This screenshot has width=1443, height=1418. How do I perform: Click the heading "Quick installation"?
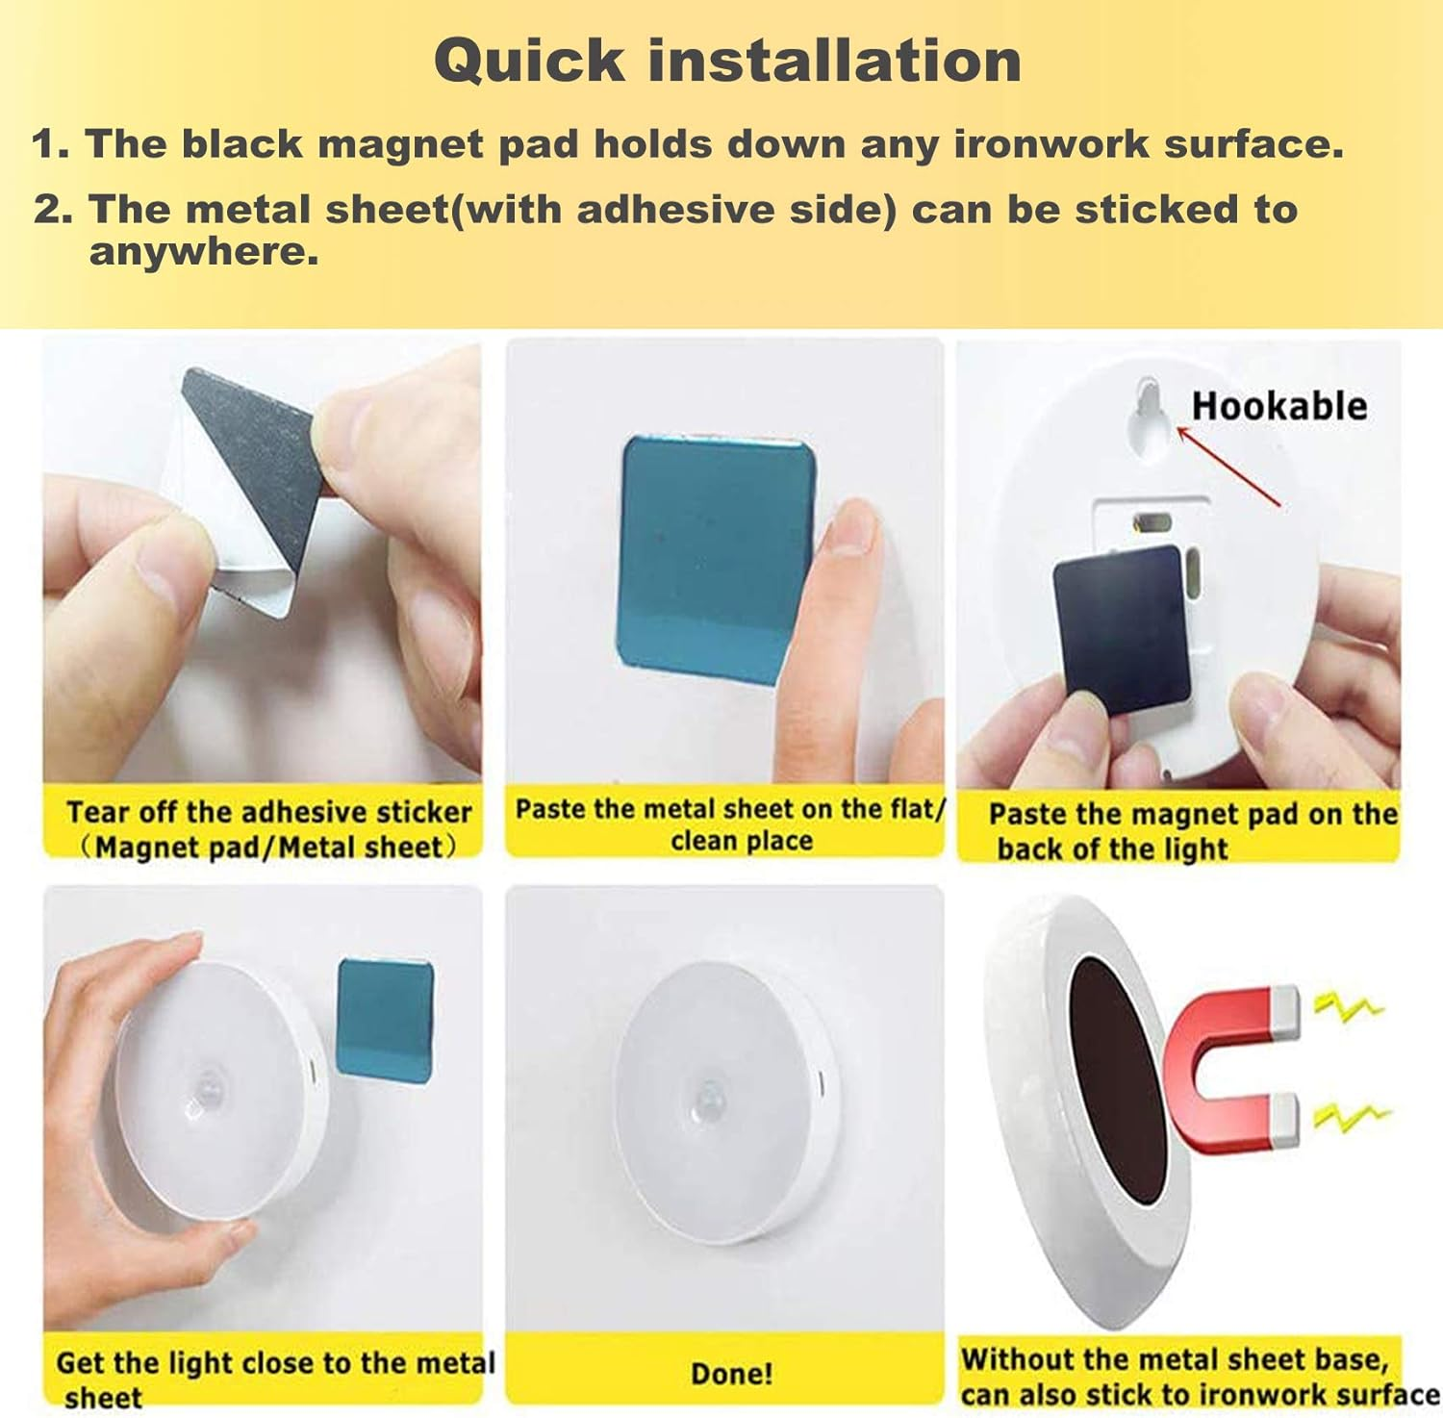(727, 61)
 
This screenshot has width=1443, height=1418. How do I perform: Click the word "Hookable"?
(1278, 406)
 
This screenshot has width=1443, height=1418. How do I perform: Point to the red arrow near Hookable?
(1228, 468)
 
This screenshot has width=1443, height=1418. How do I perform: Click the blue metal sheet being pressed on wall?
(717, 558)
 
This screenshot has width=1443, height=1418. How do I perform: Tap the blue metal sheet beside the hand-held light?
(385, 1020)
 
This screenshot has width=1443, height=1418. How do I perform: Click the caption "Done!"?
(731, 1373)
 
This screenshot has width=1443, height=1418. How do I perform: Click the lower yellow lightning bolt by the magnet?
(1352, 1115)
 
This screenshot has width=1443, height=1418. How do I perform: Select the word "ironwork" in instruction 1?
(1051, 144)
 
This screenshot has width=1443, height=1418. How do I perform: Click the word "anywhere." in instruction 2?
(203, 252)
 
